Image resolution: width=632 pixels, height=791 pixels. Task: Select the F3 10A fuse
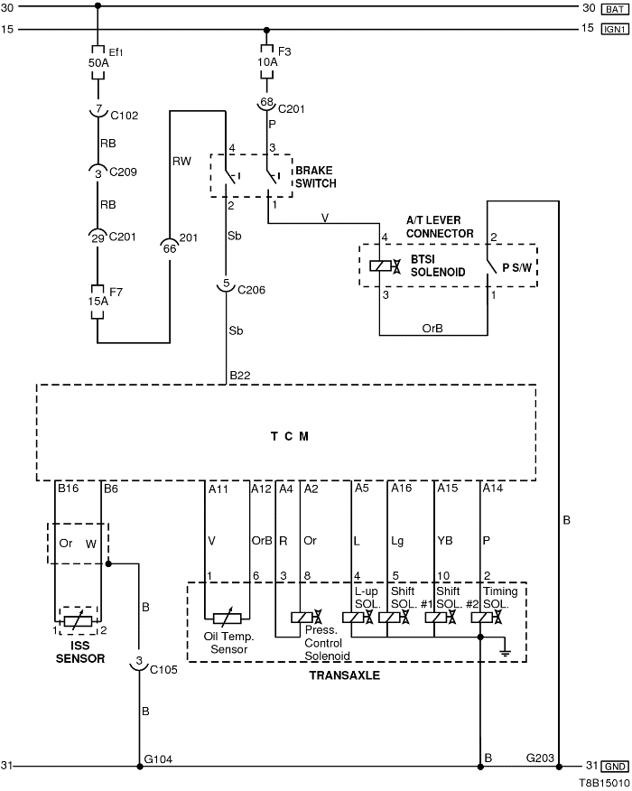(267, 60)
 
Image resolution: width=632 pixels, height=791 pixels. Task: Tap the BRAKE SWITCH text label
(315, 177)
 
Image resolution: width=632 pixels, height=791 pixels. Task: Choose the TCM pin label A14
(492, 489)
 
